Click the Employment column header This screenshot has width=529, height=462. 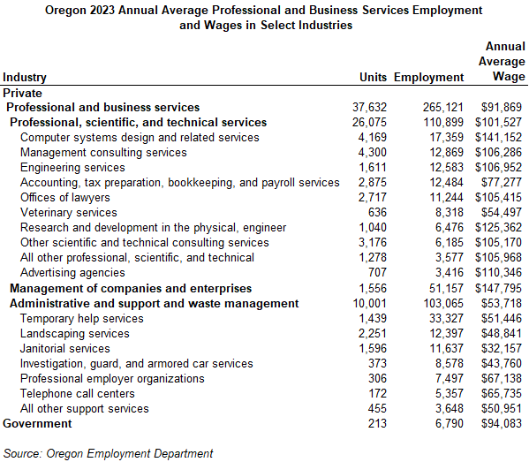pos(428,77)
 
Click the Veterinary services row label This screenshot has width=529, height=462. pos(68,212)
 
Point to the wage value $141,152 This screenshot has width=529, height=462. pos(498,137)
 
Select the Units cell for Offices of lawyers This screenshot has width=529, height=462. pos(371,197)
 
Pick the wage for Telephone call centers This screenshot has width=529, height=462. pos(501,393)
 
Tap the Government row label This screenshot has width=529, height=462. pos(37,423)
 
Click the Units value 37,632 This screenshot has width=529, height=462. pos(369,107)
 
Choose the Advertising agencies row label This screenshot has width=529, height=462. pos(72,273)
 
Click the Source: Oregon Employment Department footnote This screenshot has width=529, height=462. pos(109,453)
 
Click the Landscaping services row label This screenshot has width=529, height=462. pos(74,333)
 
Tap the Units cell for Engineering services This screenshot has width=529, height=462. pos(371,167)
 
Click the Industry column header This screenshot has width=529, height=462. pos(25,77)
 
